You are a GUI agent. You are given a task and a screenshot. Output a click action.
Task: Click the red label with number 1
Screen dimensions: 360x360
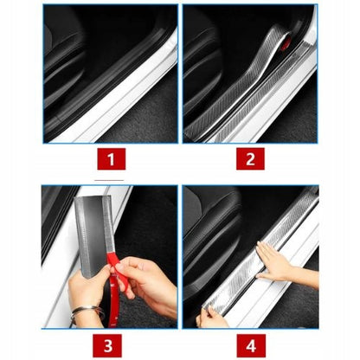tap(112, 159)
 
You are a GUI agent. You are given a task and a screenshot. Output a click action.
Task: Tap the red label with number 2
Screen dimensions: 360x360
tap(250, 159)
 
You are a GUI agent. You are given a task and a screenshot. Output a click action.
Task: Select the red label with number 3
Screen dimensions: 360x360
tap(107, 345)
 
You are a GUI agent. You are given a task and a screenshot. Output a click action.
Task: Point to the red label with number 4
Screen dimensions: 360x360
tap(251, 345)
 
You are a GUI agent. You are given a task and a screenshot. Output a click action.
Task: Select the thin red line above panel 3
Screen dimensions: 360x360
tap(109, 180)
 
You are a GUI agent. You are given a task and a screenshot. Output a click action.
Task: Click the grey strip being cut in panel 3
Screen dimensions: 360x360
tap(93, 234)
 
